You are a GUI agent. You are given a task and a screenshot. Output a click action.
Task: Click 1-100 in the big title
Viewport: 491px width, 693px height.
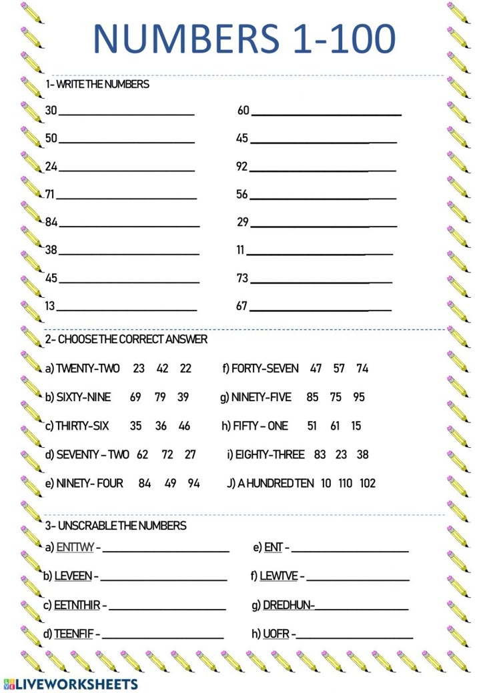344,39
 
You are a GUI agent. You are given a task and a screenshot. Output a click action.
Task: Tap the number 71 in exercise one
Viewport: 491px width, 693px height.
51,194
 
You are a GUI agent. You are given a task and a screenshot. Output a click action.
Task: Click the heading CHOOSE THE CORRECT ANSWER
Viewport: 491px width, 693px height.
126,339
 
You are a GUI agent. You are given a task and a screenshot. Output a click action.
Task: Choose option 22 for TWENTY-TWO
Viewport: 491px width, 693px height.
185,368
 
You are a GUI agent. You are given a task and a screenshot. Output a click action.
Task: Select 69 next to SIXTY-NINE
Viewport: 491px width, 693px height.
135,397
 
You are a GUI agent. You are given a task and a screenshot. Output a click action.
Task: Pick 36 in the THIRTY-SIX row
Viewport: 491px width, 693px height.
161,426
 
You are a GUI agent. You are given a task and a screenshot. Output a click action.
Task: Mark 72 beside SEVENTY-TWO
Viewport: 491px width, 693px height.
167,454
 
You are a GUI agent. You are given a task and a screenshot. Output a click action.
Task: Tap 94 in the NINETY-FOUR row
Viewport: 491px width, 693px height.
193,483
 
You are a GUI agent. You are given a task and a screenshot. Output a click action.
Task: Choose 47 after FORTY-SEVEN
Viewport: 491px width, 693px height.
316,368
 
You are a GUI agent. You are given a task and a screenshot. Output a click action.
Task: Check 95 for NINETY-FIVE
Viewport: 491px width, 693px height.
359,397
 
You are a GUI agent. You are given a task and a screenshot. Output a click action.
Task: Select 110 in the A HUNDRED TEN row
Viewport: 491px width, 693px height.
346,483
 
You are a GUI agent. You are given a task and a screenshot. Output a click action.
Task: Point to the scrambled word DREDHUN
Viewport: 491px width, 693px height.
288,605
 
